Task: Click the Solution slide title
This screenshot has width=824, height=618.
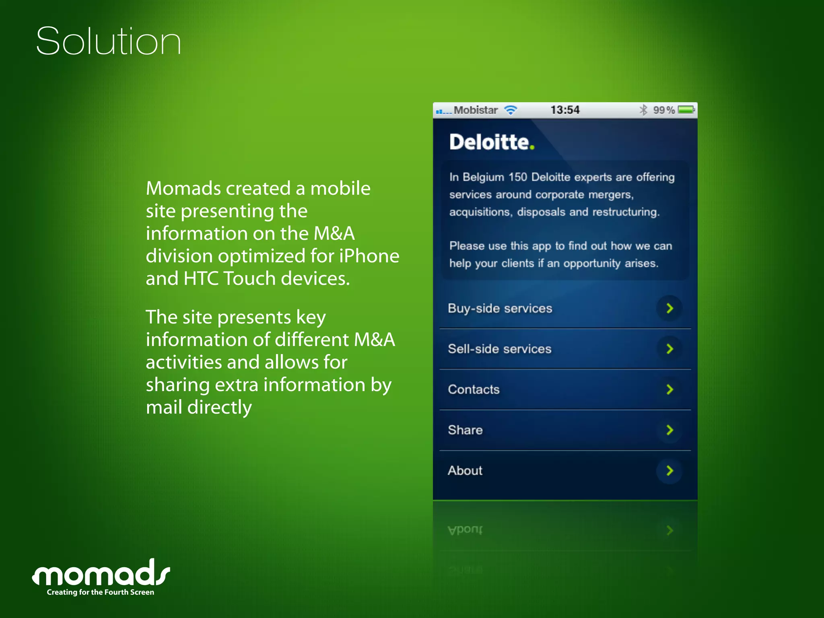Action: tap(109, 41)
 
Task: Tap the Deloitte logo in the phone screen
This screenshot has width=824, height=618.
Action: tap(492, 142)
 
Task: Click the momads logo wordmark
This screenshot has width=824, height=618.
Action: tap(101, 573)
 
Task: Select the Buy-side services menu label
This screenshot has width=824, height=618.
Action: tap(500, 309)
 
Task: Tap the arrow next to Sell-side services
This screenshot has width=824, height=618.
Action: tap(669, 349)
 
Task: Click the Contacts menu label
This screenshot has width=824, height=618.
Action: tap(474, 389)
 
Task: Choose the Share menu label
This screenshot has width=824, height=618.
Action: tap(465, 430)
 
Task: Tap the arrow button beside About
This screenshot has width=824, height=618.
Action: tap(669, 471)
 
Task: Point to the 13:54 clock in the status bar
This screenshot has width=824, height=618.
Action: tap(565, 110)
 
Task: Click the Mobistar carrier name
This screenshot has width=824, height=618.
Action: tap(476, 110)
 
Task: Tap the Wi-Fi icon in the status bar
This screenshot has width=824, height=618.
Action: tap(511, 110)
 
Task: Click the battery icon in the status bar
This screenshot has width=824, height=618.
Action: tap(686, 109)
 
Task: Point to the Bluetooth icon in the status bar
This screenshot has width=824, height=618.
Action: tap(643, 110)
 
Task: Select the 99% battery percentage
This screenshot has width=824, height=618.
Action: tap(663, 110)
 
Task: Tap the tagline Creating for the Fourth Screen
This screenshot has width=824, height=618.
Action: tap(101, 592)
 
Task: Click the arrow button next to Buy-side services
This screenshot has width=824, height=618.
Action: tap(669, 309)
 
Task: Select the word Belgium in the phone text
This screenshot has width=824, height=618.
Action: tap(483, 177)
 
